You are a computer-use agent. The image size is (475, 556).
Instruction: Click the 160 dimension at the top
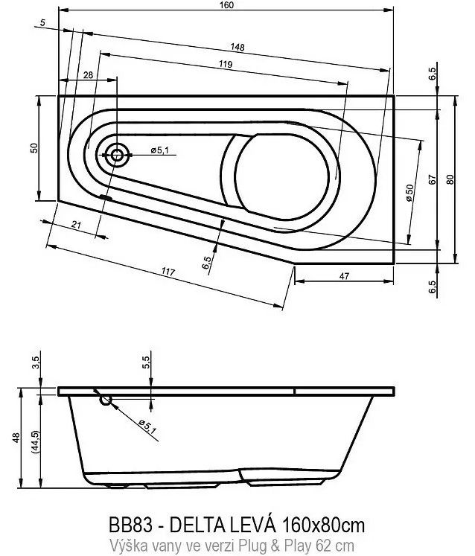pos(226,4)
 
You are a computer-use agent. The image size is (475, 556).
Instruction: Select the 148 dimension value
pos(238,47)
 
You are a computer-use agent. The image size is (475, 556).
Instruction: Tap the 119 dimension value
pos(226,64)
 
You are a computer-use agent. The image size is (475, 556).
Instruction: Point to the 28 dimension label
pos(88,75)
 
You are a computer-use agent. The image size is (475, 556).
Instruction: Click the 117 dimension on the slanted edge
pos(168,272)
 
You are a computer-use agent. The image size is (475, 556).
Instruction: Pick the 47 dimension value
pos(344,276)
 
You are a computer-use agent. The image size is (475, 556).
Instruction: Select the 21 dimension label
pos(76,225)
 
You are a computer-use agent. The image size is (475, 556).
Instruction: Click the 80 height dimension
pos(450,179)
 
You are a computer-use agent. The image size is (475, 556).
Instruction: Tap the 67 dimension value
pos(432,179)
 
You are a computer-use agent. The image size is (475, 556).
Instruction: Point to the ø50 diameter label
pos(409,193)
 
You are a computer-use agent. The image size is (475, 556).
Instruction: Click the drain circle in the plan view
pos(117,155)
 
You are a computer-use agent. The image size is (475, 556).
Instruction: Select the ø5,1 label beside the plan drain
pos(159,150)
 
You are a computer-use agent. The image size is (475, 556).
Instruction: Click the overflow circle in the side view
pos(106,400)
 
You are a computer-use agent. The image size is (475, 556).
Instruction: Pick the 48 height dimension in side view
pos(16,438)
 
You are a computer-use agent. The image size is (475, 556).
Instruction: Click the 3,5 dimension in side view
pos(36,362)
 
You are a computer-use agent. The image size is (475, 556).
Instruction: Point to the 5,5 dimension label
pos(147,362)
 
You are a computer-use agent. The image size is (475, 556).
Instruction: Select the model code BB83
pos(131,525)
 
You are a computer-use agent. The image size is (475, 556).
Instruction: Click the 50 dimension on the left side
pos(34,147)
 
